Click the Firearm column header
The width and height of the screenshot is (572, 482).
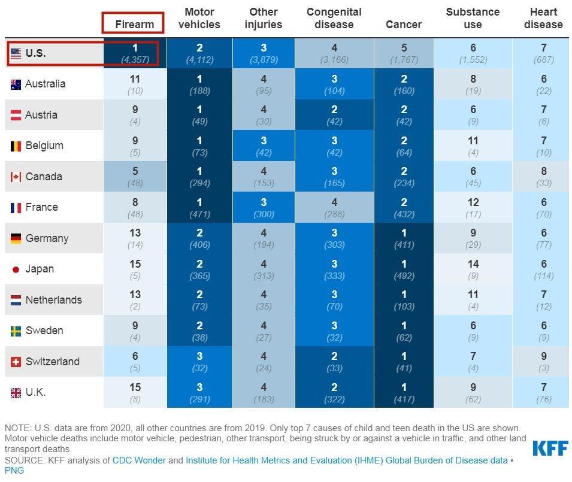tap(135, 25)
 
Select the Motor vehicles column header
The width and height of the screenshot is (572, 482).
tap(199, 19)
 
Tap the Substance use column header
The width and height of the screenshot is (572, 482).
tap(473, 19)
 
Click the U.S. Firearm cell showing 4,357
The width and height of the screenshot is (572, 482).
tap(135, 53)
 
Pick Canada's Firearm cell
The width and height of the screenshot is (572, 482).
tap(135, 176)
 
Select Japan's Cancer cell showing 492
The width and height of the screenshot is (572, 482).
tap(404, 269)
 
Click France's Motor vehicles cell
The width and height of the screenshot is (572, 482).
tap(199, 207)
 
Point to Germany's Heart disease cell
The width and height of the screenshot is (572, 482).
tap(543, 238)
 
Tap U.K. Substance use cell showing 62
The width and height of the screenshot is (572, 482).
tap(473, 392)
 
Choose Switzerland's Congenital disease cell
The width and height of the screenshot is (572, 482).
tap(334, 361)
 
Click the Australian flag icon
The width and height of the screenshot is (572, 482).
tap(16, 84)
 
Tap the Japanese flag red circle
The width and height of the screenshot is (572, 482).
tap(16, 269)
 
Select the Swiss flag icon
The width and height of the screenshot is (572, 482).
tap(16, 362)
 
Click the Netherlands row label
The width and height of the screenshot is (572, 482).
tap(53, 300)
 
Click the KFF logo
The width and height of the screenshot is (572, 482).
tap(550, 448)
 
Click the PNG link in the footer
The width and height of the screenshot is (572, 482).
tap(14, 471)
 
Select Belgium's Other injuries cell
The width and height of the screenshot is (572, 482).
tap(264, 145)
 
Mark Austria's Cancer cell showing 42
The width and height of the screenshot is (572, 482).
tap(404, 114)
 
